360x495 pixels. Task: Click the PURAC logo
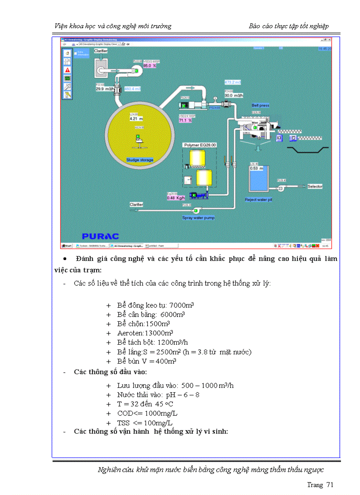coord(100,236)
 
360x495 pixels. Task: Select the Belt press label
coord(260,105)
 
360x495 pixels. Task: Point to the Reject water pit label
coord(265,200)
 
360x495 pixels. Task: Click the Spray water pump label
coord(199,218)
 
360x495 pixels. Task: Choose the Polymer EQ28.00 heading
coord(199,145)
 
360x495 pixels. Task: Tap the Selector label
coord(315,186)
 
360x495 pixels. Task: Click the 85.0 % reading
coord(144,65)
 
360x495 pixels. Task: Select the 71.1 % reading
coord(185,120)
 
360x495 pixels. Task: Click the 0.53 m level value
coord(256,168)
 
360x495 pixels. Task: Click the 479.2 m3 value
coord(233,82)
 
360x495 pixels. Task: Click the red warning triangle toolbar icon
coord(67,70)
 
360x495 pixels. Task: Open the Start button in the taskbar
coord(67,246)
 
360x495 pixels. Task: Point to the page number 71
coord(329,485)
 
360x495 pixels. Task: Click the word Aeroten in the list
coord(131,333)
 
